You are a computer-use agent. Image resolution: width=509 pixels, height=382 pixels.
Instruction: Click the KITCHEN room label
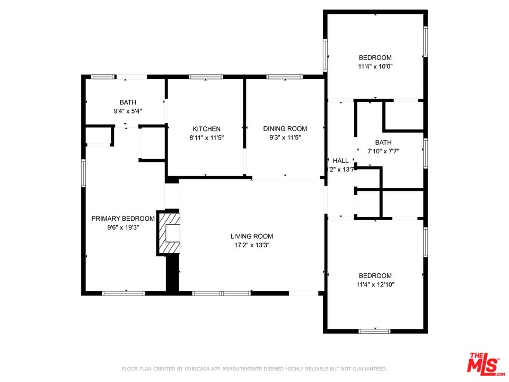point(206,129)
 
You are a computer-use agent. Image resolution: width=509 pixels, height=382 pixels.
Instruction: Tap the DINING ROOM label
point(285,129)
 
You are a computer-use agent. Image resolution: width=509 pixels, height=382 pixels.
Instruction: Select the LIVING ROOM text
point(251,237)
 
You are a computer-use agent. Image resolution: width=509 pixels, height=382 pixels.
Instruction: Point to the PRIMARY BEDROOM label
point(123,219)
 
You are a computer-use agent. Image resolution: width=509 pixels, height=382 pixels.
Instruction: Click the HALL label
point(340,161)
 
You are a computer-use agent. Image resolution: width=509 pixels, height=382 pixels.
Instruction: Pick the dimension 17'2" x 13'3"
point(251,245)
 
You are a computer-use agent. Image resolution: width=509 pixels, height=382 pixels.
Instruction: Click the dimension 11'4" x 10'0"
point(375,66)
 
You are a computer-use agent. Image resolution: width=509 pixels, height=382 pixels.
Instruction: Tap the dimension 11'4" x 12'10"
point(375,284)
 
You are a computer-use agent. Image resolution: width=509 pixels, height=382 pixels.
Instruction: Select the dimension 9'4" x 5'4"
point(127,111)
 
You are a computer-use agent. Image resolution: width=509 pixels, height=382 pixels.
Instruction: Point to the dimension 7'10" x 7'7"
point(383,151)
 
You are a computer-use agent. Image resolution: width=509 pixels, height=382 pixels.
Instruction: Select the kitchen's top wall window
point(206,77)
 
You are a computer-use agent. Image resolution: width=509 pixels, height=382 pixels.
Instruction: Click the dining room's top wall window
point(284,77)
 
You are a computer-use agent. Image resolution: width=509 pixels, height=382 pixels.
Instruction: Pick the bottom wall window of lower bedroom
point(374,331)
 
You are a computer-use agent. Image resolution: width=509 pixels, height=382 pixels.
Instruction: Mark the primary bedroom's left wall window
point(83,173)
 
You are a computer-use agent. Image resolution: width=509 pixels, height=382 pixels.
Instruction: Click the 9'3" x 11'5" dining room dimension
point(285,137)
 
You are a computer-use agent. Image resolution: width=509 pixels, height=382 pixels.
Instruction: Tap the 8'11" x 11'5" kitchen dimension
point(206,137)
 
